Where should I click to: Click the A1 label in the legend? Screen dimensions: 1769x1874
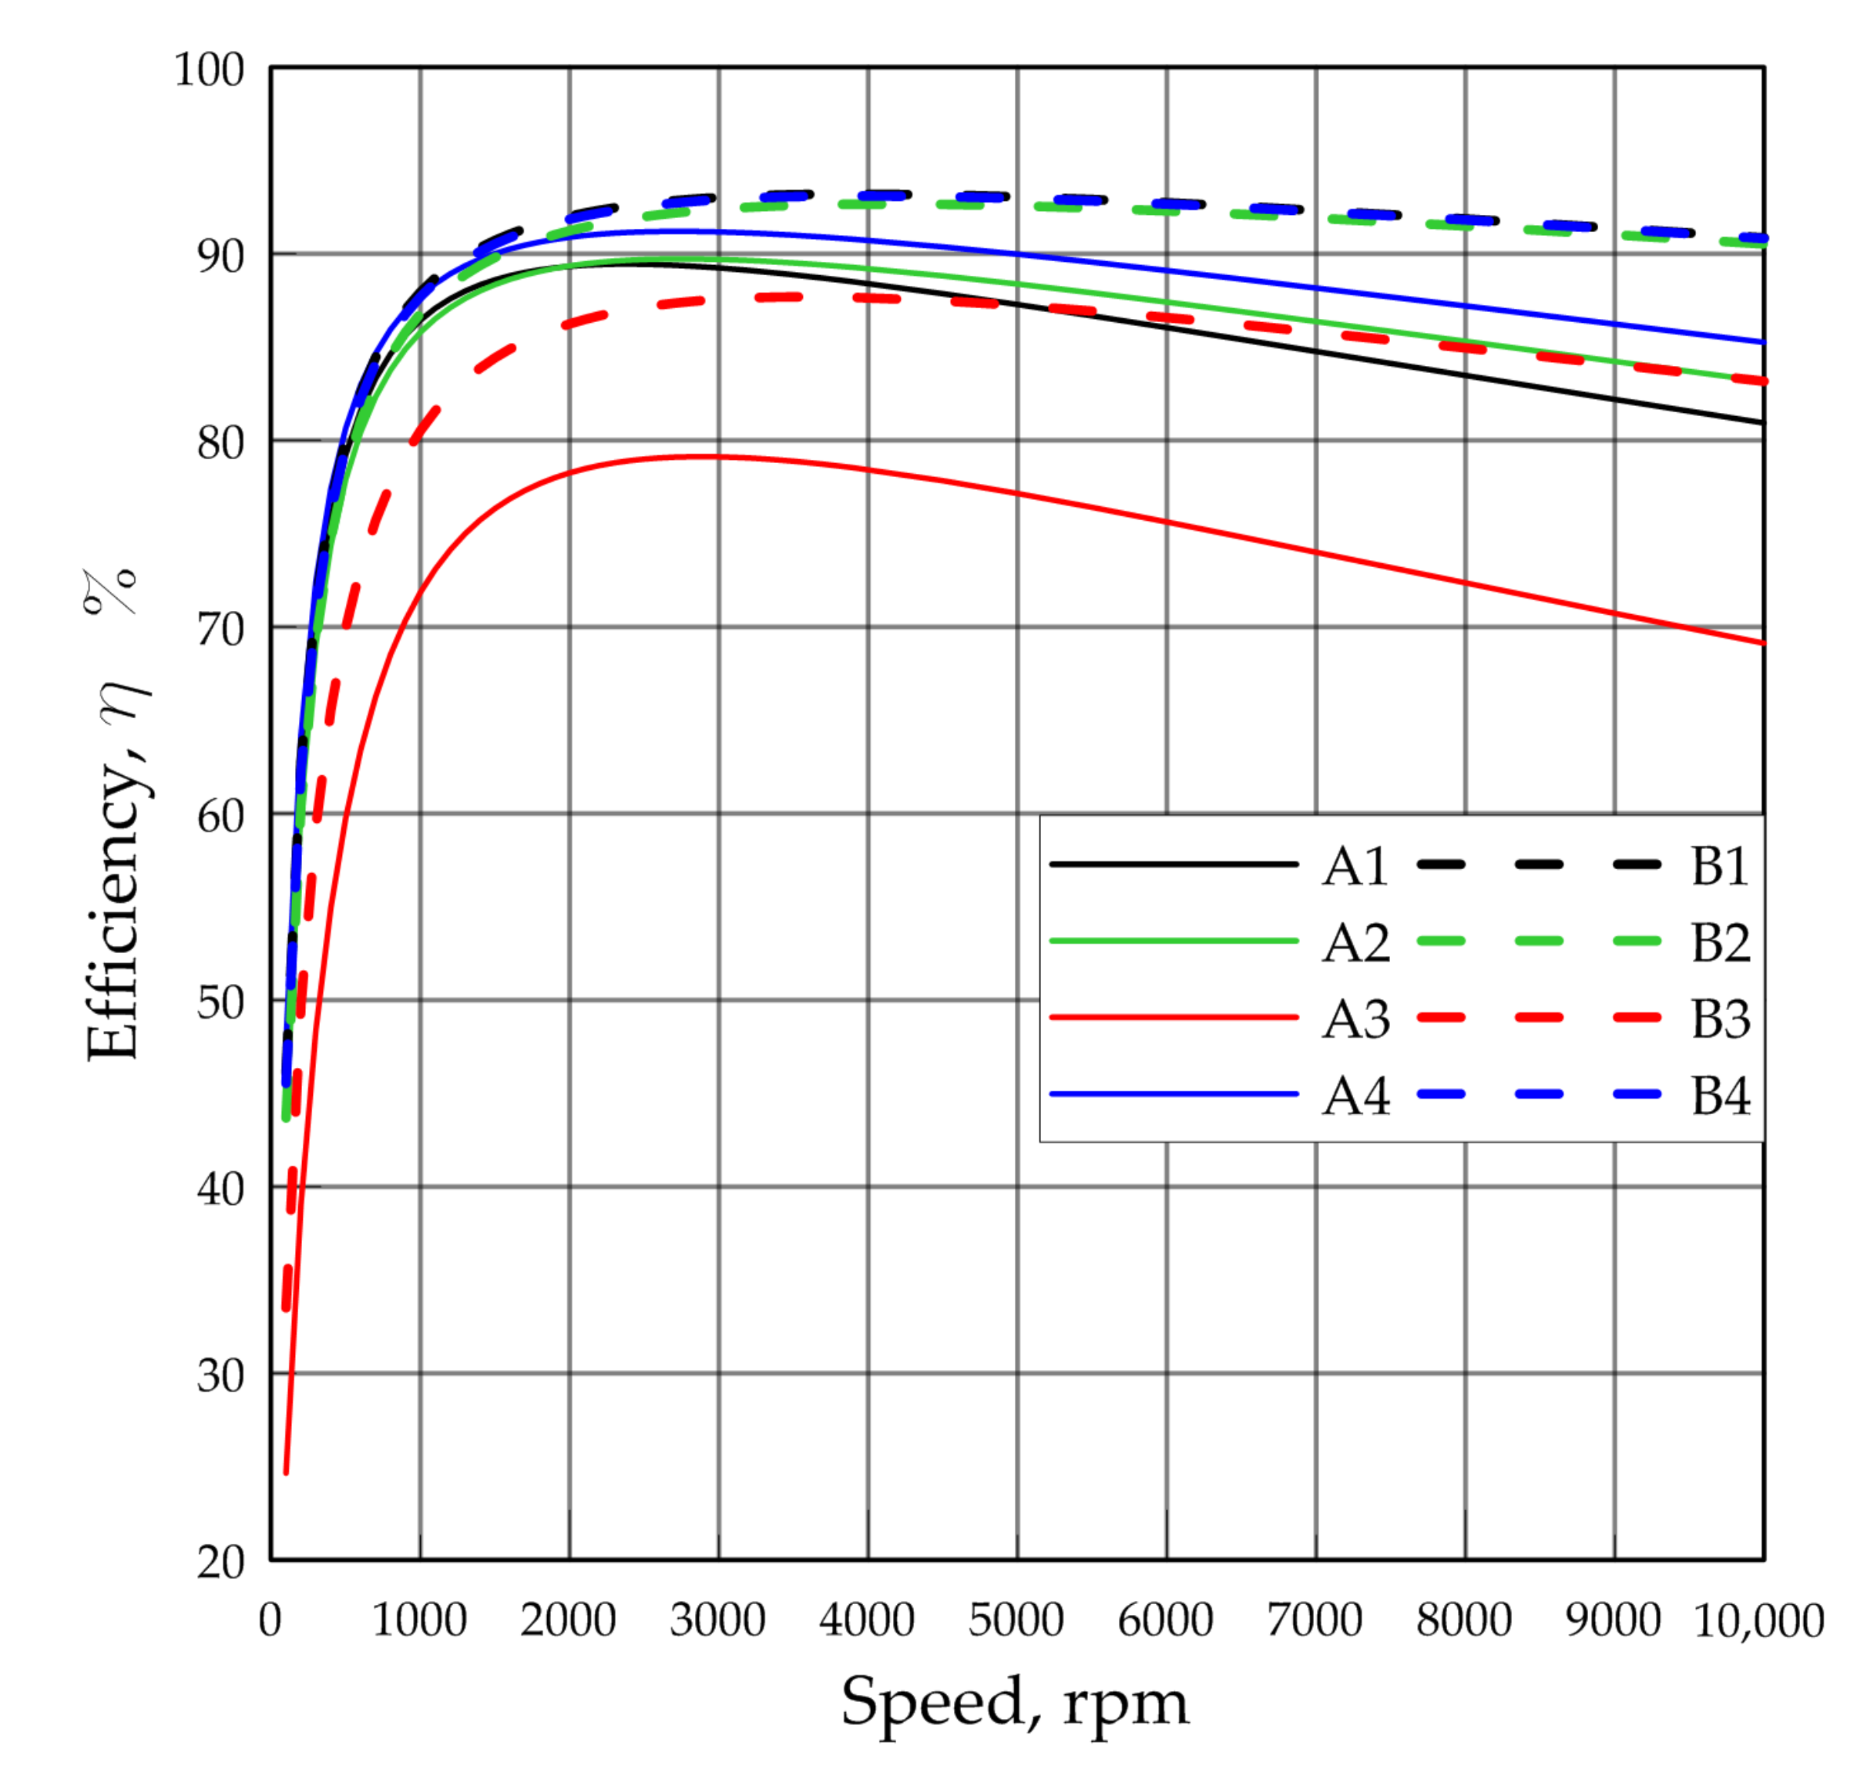[x=1355, y=866]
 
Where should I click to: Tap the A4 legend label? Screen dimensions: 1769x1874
[x=1355, y=1096]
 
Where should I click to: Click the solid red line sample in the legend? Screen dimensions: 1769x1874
[x=1174, y=1018]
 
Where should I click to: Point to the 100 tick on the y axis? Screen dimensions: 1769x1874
[x=208, y=71]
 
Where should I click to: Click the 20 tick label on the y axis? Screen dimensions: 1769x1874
[x=220, y=1563]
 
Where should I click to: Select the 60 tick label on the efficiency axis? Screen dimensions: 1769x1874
[x=220, y=817]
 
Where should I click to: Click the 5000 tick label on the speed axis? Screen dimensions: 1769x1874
[x=1016, y=1620]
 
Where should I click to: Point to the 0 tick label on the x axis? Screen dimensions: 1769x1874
[x=270, y=1620]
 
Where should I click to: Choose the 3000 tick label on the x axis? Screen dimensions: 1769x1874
[x=717, y=1620]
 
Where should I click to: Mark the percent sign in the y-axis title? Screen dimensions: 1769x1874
[x=111, y=592]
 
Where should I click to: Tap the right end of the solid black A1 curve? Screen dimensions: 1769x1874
[x=1761, y=422]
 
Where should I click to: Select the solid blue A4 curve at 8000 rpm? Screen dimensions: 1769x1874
[x=1465, y=306]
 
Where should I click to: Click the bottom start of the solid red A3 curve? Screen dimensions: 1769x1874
[x=286, y=1472]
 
